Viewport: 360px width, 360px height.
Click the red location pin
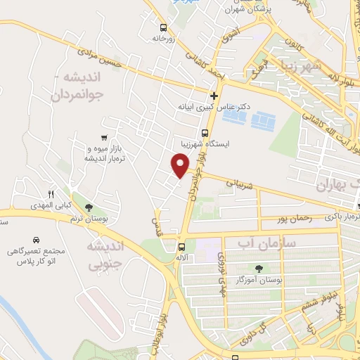[x=181, y=166]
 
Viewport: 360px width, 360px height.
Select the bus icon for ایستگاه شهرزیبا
[x=205, y=132]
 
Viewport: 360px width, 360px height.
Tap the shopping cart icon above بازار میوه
[x=104, y=137]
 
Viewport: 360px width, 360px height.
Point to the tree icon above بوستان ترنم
[x=89, y=207]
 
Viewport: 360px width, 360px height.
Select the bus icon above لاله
[x=182, y=247]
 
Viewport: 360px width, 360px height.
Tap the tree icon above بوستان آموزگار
[x=259, y=268]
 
